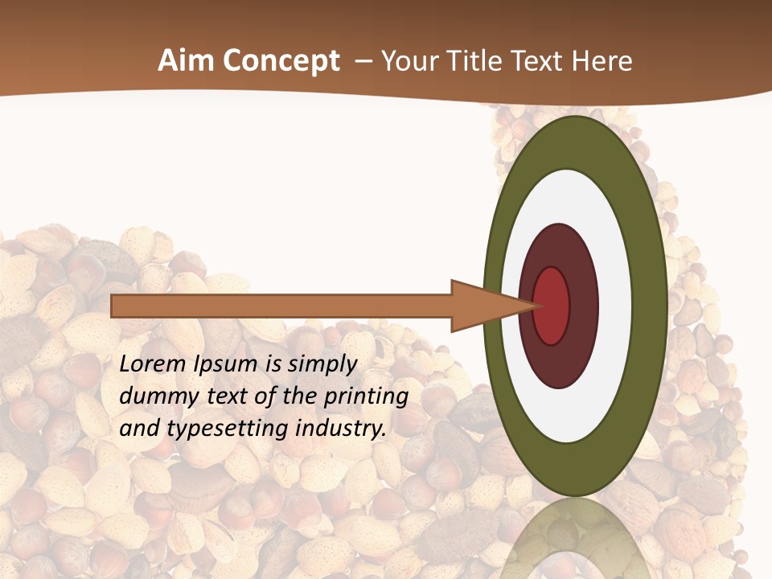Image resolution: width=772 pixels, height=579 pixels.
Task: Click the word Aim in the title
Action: point(187,61)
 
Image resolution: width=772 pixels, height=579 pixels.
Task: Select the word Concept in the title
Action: point(281,62)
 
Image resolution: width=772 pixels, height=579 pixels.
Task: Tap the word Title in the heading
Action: point(474,61)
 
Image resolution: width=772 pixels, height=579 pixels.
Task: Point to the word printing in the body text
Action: point(366,396)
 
